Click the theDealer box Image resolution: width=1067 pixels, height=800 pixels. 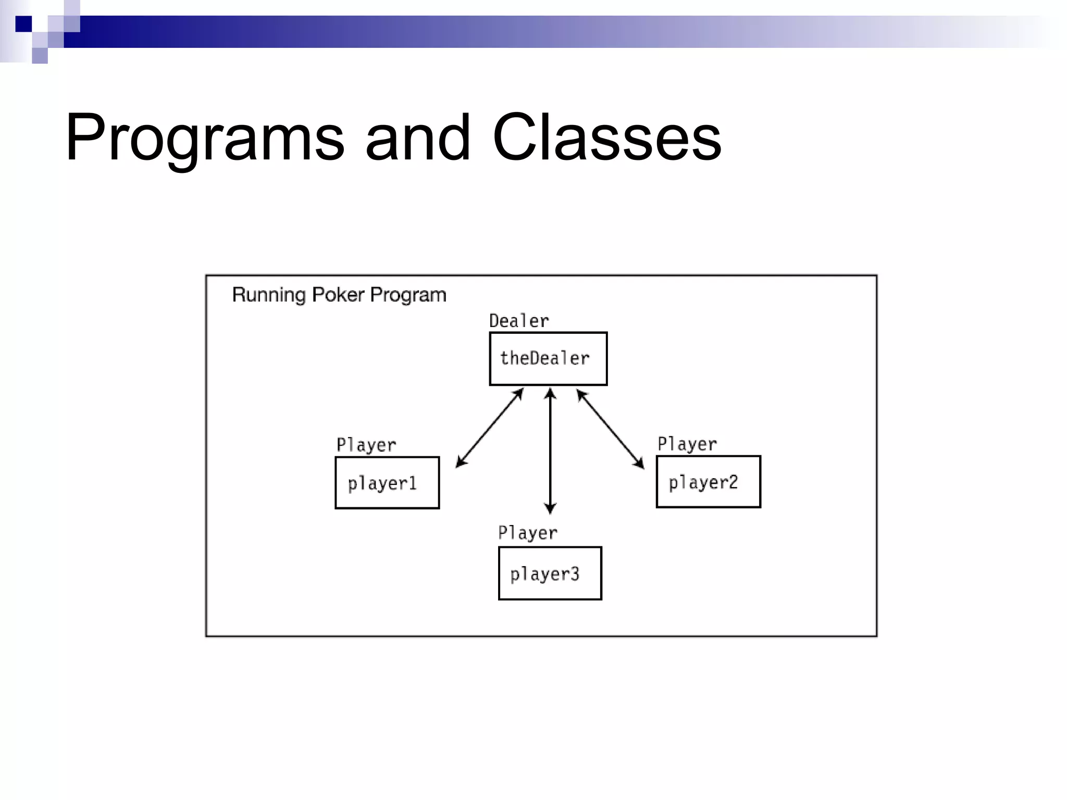tap(548, 359)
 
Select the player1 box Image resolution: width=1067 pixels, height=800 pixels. tap(387, 483)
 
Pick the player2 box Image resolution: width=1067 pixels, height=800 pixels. tap(708, 482)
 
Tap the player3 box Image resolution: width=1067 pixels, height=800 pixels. tap(550, 573)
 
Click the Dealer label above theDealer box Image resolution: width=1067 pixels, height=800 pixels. tap(519, 321)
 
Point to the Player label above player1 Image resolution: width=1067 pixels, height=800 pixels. tap(366, 445)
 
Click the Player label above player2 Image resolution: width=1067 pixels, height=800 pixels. tap(687, 444)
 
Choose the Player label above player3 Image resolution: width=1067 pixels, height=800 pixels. tap(528, 533)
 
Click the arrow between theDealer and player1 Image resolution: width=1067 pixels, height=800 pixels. tap(490, 428)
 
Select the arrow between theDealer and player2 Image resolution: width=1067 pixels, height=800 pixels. tap(610, 429)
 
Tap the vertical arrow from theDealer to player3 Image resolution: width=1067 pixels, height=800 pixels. tap(550, 451)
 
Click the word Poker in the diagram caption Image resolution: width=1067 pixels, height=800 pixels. tap(338, 295)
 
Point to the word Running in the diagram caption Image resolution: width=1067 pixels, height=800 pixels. tap(269, 295)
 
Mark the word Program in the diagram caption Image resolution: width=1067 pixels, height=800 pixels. tap(408, 295)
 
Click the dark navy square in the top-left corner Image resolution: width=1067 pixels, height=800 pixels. tap(23, 24)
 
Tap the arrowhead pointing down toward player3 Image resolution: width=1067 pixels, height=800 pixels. tap(550, 508)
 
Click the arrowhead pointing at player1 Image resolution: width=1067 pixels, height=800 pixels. tap(461, 462)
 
